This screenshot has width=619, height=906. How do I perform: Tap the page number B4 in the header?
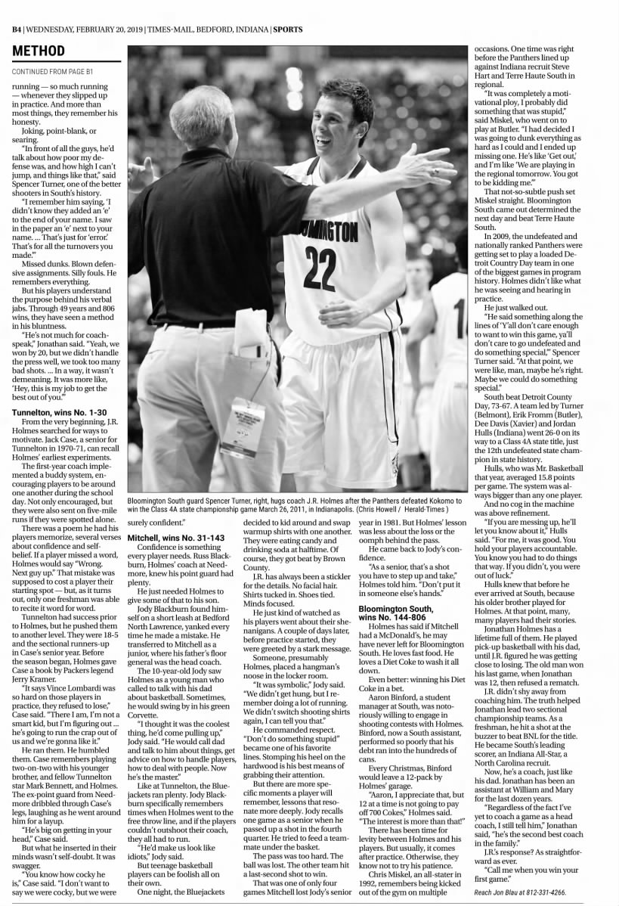point(16,29)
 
